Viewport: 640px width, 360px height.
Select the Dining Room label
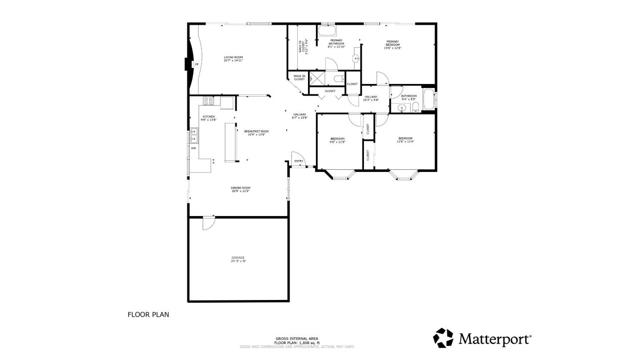point(240,189)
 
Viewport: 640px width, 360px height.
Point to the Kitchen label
point(209,118)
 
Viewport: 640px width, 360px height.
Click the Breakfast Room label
point(254,133)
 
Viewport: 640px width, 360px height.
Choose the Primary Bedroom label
point(392,45)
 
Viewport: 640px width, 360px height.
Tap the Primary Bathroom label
point(337,43)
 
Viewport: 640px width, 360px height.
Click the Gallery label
point(298,117)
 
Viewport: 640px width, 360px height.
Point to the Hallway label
point(370,98)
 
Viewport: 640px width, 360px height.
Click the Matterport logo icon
point(441,337)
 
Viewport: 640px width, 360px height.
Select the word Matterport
point(494,338)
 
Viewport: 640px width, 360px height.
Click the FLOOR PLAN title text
point(148,314)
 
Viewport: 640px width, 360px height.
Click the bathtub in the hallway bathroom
point(428,100)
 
